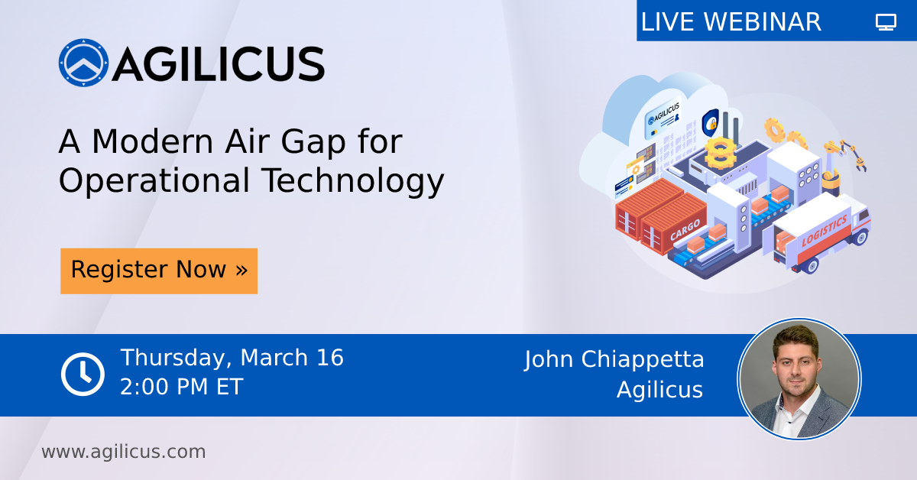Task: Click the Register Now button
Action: click(x=159, y=271)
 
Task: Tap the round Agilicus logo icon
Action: click(x=83, y=63)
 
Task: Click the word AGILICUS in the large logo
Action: click(x=219, y=64)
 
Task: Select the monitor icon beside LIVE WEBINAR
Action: click(x=886, y=21)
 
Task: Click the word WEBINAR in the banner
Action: click(x=763, y=21)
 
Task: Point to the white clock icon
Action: click(x=83, y=374)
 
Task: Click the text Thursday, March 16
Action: click(x=232, y=358)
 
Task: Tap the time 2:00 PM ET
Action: click(x=182, y=387)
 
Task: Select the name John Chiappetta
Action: click(x=614, y=360)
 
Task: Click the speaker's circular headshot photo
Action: click(x=799, y=379)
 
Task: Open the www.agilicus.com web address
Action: click(x=124, y=452)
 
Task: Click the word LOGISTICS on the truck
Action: click(x=824, y=231)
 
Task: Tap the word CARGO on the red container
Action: click(x=685, y=231)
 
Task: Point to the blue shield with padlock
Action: click(x=711, y=122)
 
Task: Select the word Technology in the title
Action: click(x=353, y=180)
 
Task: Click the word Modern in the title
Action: click(x=152, y=141)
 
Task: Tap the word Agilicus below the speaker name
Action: click(x=660, y=390)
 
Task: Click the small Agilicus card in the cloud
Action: click(x=663, y=118)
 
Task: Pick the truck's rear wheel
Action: click(x=811, y=265)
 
